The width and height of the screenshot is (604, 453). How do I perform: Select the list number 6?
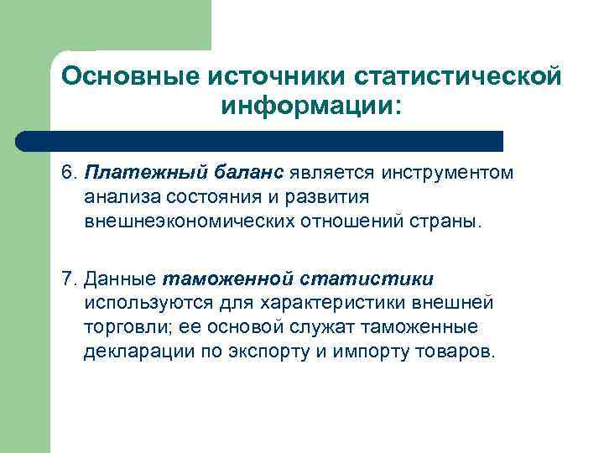(68, 173)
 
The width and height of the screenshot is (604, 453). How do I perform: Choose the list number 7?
(68, 277)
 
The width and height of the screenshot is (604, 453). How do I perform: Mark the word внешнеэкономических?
(184, 222)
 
